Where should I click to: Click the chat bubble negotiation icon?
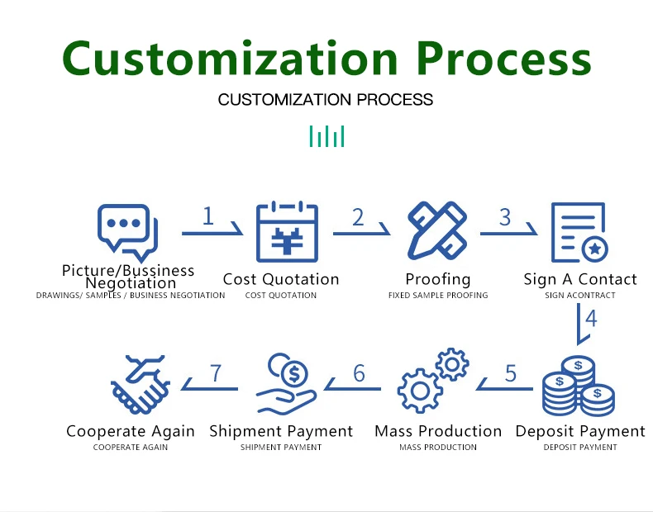(126, 232)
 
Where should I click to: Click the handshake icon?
(141, 384)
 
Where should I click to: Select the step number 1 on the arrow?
(207, 216)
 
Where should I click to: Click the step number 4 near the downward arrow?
(591, 318)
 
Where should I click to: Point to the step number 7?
(216, 373)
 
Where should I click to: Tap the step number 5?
(511, 373)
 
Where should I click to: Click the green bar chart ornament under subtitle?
(326, 136)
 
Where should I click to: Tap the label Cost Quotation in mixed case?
(281, 279)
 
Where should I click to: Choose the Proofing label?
(438, 279)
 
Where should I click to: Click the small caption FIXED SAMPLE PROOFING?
(438, 295)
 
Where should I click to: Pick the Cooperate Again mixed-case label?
(131, 431)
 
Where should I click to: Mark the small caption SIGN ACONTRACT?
(580, 295)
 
